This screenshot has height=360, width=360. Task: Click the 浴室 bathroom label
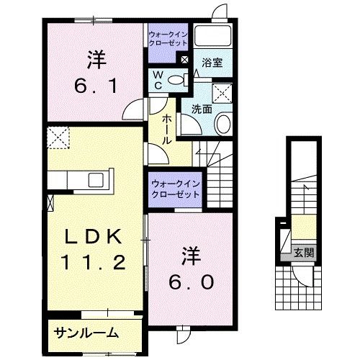click(212, 63)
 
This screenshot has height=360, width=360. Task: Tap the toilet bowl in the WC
click(176, 80)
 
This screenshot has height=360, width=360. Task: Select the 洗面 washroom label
click(202, 109)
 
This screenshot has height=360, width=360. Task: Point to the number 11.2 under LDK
click(93, 262)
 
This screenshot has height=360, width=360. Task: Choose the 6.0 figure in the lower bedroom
click(191, 282)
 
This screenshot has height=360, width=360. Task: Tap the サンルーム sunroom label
click(86, 333)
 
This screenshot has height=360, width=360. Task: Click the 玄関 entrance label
click(304, 253)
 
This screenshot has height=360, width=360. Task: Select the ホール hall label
click(167, 130)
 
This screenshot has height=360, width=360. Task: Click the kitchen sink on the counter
click(96, 180)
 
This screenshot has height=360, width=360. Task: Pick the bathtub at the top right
click(212, 35)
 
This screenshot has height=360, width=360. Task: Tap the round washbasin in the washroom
click(224, 125)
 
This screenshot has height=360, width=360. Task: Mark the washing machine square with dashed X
click(222, 94)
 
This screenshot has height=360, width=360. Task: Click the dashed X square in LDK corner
click(58, 138)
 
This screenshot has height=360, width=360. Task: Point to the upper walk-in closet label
click(168, 39)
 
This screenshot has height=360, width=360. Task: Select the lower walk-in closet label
click(176, 189)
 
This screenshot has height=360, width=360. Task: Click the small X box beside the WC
click(184, 60)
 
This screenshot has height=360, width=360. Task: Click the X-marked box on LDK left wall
click(50, 203)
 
